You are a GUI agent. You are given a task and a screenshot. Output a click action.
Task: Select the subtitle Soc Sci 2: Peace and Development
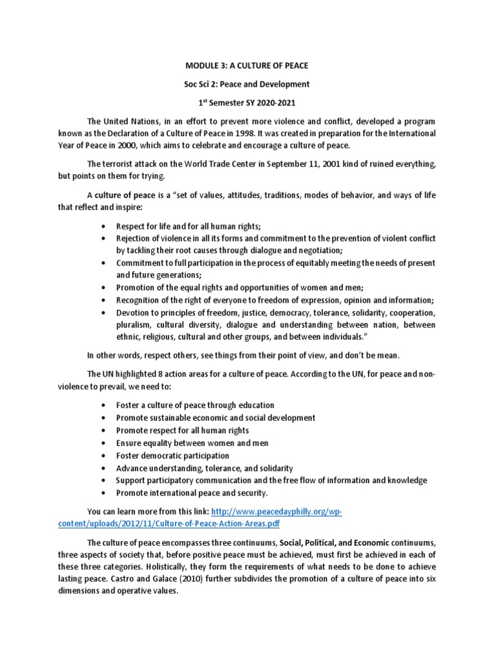(x=246, y=84)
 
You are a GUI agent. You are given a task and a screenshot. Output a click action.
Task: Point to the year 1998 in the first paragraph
(x=251, y=133)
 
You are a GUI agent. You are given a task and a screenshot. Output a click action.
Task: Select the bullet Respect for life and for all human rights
(x=188, y=227)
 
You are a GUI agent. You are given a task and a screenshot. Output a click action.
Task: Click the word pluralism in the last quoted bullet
(x=133, y=325)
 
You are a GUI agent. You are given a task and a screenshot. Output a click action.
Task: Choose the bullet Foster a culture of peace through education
(x=195, y=405)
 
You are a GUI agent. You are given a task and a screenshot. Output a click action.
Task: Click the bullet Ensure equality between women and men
(x=192, y=443)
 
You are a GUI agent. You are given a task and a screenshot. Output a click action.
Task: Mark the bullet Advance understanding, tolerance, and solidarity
(x=204, y=468)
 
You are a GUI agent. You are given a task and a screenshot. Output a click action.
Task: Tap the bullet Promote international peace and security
(x=192, y=493)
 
